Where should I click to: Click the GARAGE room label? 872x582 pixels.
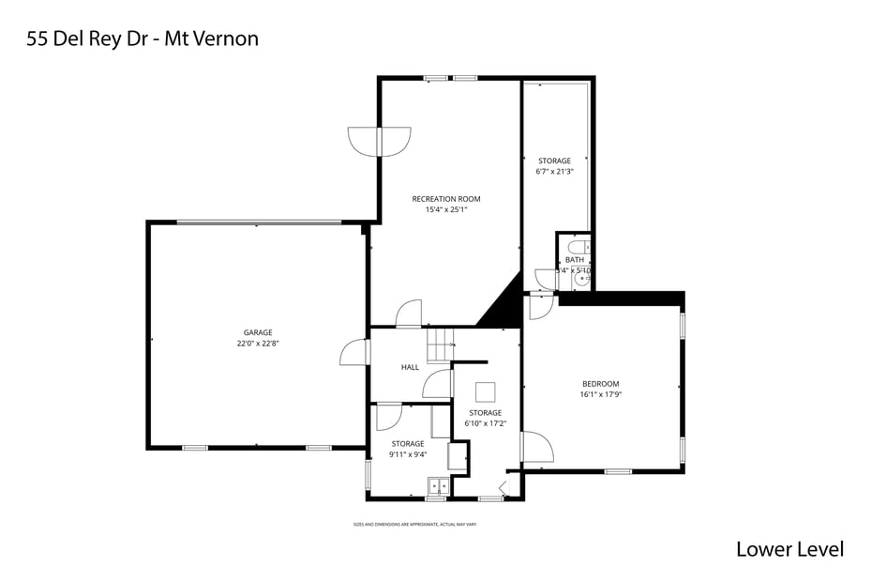pyautogui.click(x=258, y=332)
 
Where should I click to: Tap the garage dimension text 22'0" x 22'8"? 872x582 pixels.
pyautogui.click(x=258, y=344)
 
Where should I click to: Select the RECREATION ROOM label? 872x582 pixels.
pyautogui.click(x=446, y=199)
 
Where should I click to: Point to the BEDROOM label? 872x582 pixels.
pyautogui.click(x=600, y=384)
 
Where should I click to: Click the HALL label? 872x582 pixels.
pyautogui.click(x=410, y=367)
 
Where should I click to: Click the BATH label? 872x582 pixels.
pyautogui.click(x=574, y=260)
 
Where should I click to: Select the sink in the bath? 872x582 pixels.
pyautogui.click(x=583, y=278)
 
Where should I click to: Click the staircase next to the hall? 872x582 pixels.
pyautogui.click(x=440, y=345)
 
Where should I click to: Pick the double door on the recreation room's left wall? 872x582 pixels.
pyautogui.click(x=379, y=142)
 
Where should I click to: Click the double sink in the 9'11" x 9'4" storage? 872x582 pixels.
pyautogui.click(x=438, y=486)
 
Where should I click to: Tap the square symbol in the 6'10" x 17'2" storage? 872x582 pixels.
pyautogui.click(x=485, y=391)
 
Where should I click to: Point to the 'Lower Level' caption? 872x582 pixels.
pyautogui.click(x=789, y=549)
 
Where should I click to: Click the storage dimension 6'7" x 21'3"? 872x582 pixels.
pyautogui.click(x=554, y=172)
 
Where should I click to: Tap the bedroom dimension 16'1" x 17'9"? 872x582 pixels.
pyautogui.click(x=600, y=395)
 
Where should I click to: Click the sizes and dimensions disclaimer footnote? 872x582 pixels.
pyautogui.click(x=414, y=524)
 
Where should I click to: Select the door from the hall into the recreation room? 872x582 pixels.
pyautogui.click(x=409, y=314)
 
